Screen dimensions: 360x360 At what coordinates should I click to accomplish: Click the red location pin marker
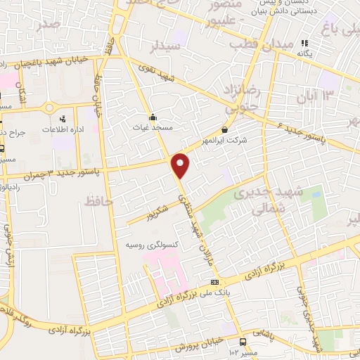tap(181, 164)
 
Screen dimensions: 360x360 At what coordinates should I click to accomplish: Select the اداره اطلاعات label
tap(59, 129)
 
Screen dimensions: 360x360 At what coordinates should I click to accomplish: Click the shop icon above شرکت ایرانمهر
tap(224, 129)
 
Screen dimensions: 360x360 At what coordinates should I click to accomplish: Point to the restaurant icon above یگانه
tap(304, 43)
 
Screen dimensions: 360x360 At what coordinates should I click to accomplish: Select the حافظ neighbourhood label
tap(98, 202)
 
